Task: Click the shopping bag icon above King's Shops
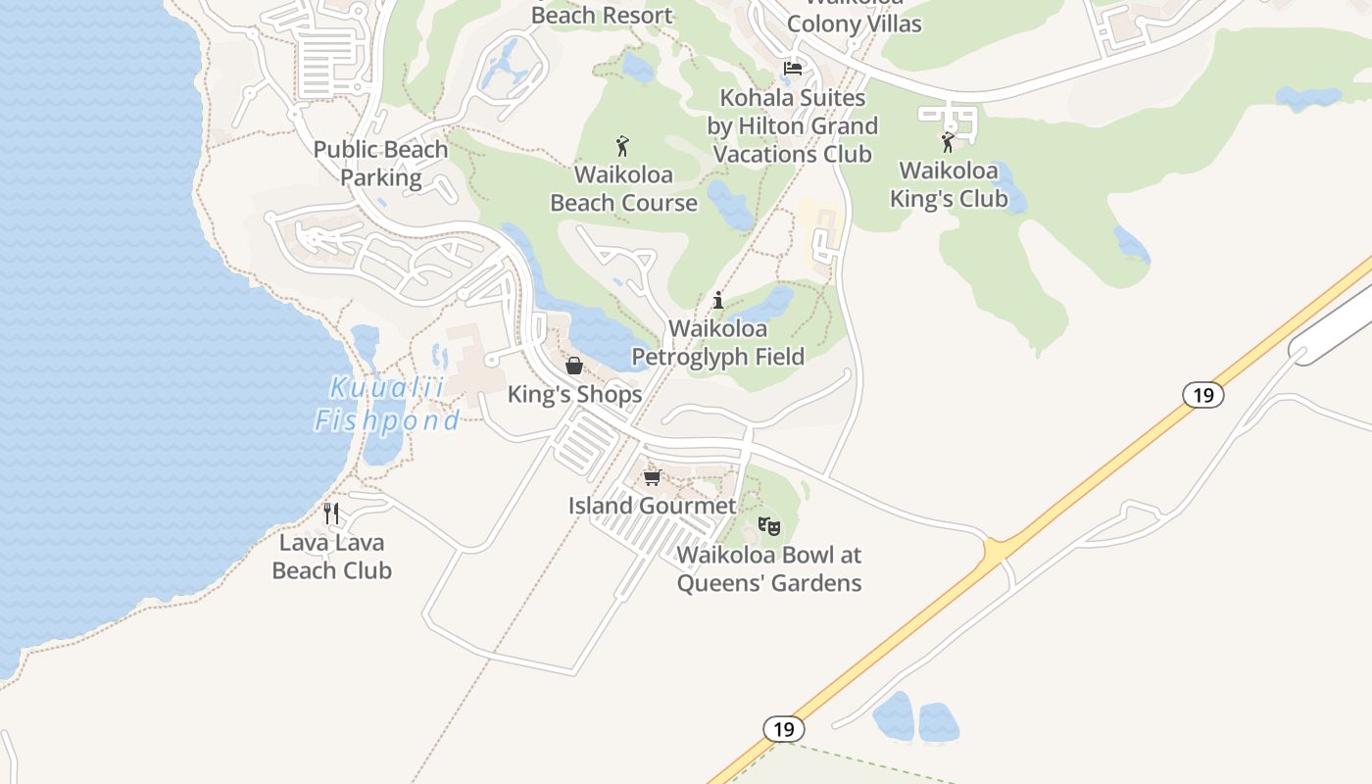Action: [574, 366]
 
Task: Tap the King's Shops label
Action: [575, 394]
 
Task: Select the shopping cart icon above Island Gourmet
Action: [653, 477]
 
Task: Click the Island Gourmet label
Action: [653, 506]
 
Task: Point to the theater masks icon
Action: [769, 526]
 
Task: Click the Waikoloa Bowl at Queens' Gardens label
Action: [769, 569]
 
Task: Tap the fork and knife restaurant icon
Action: [331, 513]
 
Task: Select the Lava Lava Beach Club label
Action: [332, 557]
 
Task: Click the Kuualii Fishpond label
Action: [387, 404]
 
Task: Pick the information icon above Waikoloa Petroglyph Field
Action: [718, 300]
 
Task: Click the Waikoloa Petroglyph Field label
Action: [718, 342]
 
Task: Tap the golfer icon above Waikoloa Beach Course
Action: [622, 146]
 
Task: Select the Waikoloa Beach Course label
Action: [624, 189]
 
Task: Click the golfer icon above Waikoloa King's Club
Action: [948, 143]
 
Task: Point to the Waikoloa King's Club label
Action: [949, 184]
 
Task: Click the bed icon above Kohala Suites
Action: [793, 69]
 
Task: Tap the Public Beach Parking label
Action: [381, 164]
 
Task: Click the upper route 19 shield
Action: [1203, 395]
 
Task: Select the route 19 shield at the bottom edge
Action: [783, 729]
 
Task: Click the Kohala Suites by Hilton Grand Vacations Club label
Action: [793, 126]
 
